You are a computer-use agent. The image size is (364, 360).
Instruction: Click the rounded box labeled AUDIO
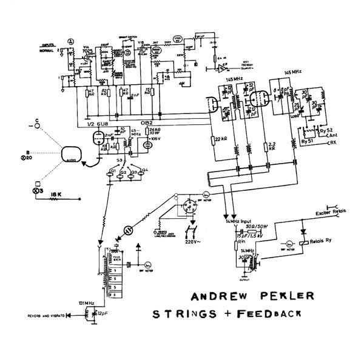tap(70, 155)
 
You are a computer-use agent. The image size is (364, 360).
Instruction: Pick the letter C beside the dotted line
tap(37, 121)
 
